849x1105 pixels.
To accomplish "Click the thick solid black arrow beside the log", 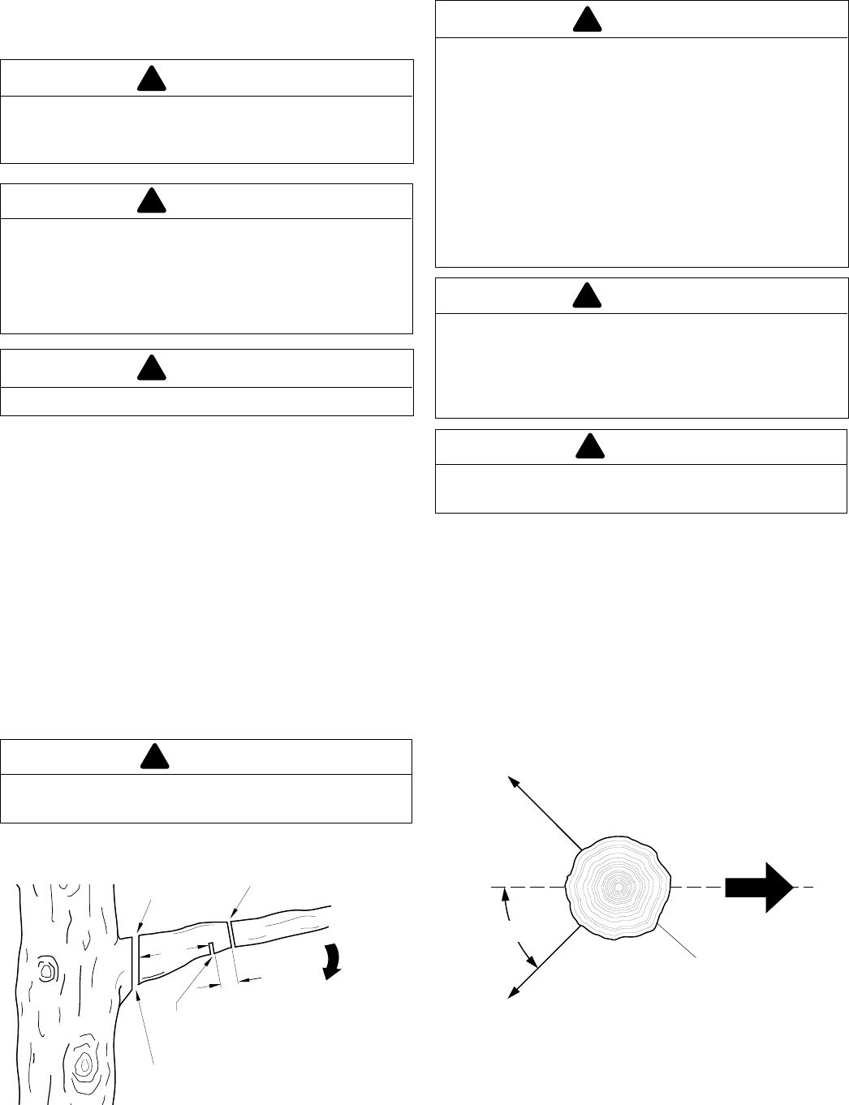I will [758, 888].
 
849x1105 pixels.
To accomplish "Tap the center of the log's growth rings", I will [618, 888].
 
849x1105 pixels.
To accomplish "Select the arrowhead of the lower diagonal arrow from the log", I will [512, 993].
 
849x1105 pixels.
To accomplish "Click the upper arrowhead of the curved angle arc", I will [505, 894].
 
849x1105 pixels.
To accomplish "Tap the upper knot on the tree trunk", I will [46, 969].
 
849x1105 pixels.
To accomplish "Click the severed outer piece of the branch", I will [280, 927].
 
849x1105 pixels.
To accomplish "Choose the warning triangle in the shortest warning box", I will [152, 368].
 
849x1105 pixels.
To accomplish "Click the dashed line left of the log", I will [528, 888].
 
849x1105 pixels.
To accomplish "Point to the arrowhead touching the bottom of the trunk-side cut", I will [139, 985].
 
